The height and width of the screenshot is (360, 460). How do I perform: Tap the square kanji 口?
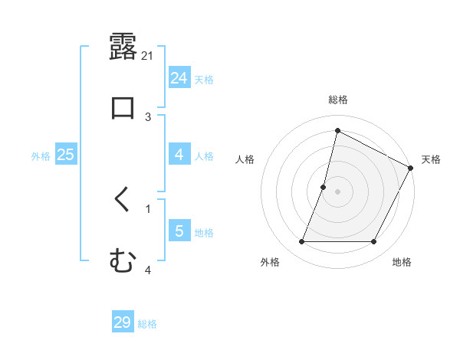[x=123, y=106]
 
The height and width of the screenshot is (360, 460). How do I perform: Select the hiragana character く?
[x=123, y=201]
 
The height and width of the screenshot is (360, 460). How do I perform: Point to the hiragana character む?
[x=123, y=261]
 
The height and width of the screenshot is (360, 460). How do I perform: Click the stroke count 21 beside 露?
[x=149, y=56]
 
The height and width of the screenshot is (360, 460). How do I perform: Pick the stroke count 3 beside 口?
[x=149, y=116]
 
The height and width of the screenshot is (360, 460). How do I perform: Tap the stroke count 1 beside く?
[x=148, y=208]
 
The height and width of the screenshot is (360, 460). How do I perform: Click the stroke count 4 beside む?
[x=148, y=269]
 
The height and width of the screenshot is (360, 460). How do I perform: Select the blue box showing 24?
[x=179, y=78]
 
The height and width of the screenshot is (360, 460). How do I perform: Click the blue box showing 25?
[x=66, y=155]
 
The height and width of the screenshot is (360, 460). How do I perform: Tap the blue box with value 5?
[x=179, y=231]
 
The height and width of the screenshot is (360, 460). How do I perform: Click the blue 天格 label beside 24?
[x=204, y=79]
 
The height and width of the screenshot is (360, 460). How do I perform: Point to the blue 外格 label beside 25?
[x=41, y=155]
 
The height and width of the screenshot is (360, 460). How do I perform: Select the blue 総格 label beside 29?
[x=147, y=324]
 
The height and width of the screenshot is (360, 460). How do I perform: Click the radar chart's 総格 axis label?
[x=338, y=100]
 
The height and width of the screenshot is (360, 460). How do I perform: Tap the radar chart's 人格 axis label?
[x=245, y=159]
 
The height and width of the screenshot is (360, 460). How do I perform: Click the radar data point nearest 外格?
[x=301, y=242]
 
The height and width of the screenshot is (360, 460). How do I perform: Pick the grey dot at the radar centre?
[x=338, y=191]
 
